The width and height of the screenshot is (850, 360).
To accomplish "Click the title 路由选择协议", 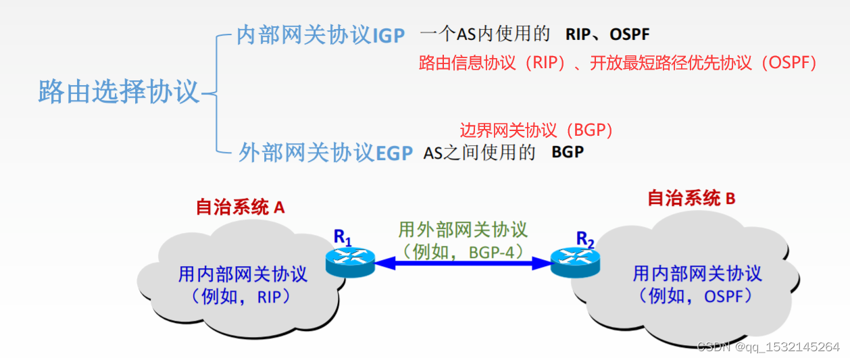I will point(119,91).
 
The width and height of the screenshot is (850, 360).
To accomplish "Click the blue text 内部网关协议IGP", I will point(321,35).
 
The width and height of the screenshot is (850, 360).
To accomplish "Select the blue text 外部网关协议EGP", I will point(326,153).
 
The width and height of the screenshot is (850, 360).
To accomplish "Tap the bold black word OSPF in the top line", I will point(629,34).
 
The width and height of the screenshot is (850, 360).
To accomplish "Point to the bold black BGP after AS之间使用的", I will point(568,152).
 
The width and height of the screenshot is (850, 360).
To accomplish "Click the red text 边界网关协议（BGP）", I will point(536,130).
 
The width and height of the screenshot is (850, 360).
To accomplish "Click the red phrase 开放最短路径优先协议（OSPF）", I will point(703,63).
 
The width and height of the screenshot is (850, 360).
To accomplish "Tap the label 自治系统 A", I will point(240,207).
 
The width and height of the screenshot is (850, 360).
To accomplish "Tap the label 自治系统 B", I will point(691,198).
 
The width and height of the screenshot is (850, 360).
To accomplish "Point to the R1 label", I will point(343,236).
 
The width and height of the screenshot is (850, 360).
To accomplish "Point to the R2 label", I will point(585,238).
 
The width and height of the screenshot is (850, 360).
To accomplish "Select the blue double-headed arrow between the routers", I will point(462,263).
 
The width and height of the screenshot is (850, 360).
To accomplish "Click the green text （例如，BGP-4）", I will point(463,251).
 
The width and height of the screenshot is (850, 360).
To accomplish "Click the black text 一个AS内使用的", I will point(485,34).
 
